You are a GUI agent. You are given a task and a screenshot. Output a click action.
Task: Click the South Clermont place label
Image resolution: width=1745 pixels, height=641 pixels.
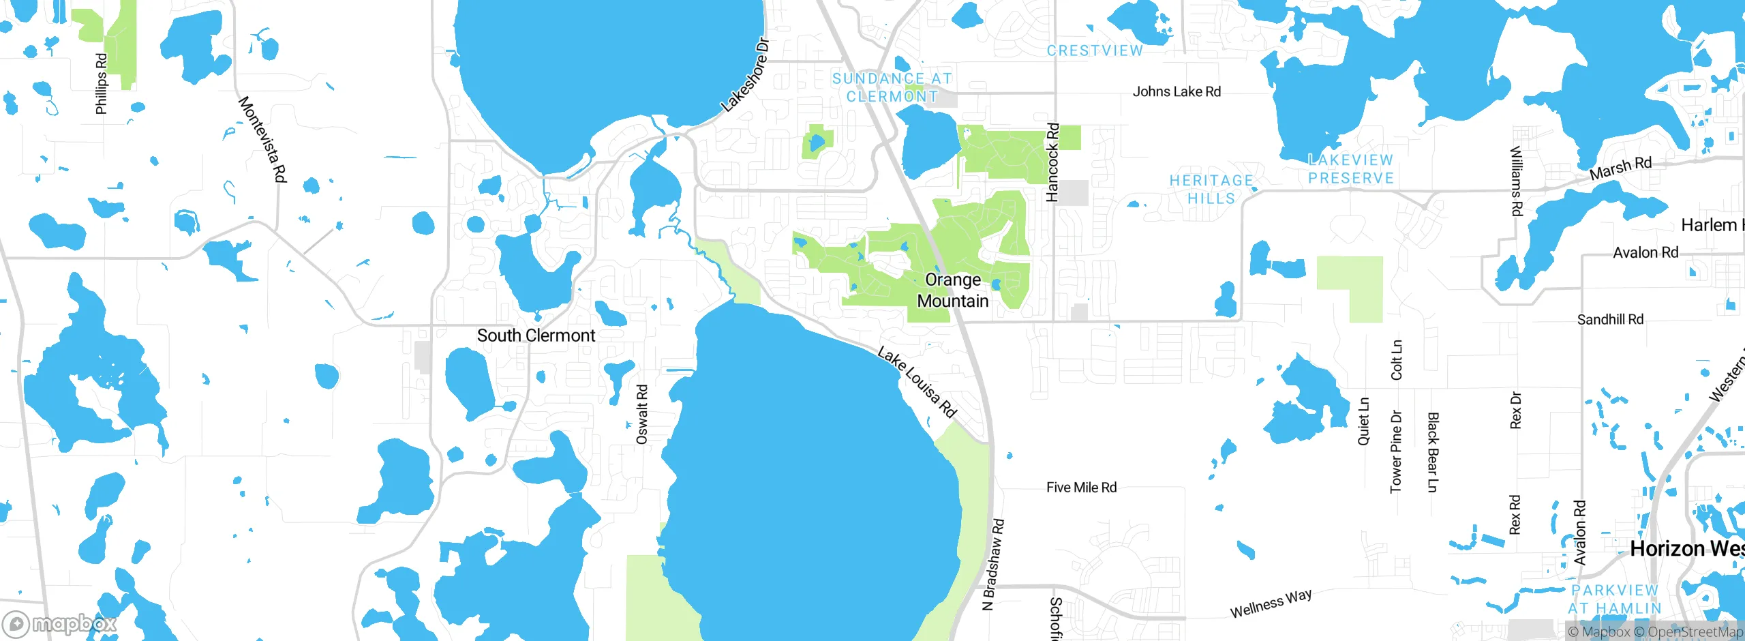pyautogui.click(x=536, y=336)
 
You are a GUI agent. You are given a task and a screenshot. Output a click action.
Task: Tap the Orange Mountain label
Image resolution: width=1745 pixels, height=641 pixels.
pyautogui.click(x=953, y=290)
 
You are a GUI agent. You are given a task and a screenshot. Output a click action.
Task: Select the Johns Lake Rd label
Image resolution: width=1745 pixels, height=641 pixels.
pyautogui.click(x=1177, y=91)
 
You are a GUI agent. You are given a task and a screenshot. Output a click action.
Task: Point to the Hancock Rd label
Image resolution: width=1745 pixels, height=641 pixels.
pyautogui.click(x=1052, y=162)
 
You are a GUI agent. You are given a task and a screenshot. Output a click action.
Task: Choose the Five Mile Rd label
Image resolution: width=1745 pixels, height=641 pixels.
pyautogui.click(x=1081, y=488)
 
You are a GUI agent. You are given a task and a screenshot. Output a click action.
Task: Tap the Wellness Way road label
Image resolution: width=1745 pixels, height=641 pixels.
pyautogui.click(x=1271, y=603)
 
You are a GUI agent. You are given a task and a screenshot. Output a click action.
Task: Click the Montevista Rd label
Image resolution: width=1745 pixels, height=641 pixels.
pyautogui.click(x=262, y=140)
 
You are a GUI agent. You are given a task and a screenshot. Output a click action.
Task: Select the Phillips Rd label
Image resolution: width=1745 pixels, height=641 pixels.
pyautogui.click(x=102, y=84)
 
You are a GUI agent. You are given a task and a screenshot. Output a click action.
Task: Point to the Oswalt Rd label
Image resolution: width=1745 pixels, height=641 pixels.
pyautogui.click(x=641, y=415)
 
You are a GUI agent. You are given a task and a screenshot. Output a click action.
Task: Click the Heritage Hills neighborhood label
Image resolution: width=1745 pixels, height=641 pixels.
pyautogui.click(x=1211, y=190)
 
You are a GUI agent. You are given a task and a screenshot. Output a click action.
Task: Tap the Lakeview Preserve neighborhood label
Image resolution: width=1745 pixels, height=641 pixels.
pyautogui.click(x=1351, y=169)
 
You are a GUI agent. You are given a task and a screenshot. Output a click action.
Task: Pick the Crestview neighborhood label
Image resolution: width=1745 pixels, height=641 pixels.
pyautogui.click(x=1095, y=50)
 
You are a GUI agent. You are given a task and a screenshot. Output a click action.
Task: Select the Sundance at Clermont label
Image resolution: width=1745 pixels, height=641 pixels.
pyautogui.click(x=892, y=88)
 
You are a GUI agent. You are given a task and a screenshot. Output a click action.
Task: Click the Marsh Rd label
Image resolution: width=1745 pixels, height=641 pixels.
pyautogui.click(x=1620, y=168)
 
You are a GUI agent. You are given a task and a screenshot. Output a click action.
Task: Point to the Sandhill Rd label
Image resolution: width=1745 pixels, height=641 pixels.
pyautogui.click(x=1610, y=319)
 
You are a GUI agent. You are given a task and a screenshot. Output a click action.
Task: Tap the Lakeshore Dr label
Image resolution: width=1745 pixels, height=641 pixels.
pyautogui.click(x=746, y=75)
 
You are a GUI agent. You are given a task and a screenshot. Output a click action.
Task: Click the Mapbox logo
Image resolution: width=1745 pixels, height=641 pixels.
pyautogui.click(x=60, y=624)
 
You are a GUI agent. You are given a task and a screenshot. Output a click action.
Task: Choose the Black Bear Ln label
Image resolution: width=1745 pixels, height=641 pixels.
pyautogui.click(x=1432, y=452)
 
